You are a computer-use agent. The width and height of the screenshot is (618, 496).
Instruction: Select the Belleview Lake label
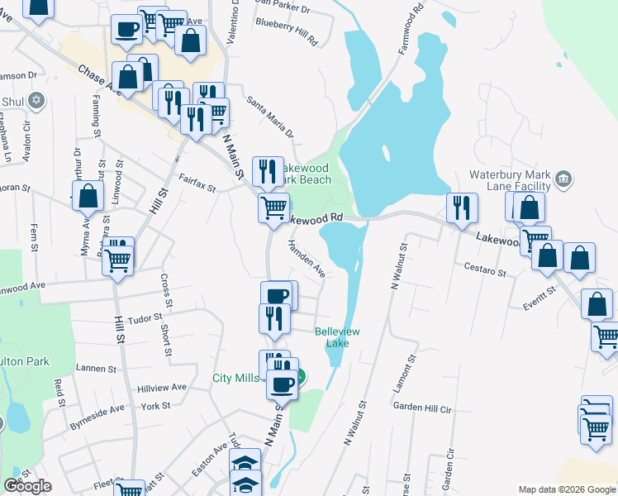point(337,336)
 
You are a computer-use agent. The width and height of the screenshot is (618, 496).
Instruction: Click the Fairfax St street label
point(197,183)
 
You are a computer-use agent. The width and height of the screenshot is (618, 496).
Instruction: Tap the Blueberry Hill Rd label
point(288,33)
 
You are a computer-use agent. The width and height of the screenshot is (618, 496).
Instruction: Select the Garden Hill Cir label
point(422,408)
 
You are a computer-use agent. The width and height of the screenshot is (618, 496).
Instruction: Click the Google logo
point(27,486)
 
